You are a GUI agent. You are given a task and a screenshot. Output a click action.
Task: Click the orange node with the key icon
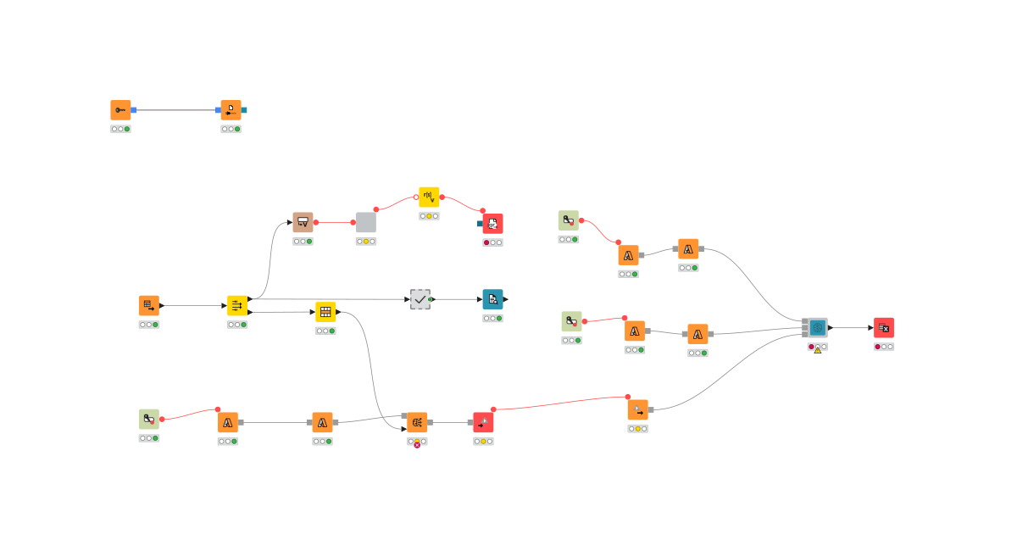coord(120,110)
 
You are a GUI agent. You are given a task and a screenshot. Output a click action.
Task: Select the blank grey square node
coord(366,222)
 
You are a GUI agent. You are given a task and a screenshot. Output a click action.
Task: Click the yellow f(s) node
coord(429,197)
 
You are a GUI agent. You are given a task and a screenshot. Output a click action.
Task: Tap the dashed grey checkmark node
coord(420,299)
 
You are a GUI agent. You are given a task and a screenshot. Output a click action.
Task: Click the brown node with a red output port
coord(303,222)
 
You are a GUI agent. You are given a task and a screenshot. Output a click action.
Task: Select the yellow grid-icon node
coord(325,312)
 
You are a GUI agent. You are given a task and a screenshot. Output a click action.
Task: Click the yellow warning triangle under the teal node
coord(818,349)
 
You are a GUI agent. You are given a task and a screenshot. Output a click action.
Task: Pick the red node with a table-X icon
coord(884,328)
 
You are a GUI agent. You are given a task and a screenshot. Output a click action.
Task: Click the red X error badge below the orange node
coord(417,445)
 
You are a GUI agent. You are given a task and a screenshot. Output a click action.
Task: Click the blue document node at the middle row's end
coord(492,299)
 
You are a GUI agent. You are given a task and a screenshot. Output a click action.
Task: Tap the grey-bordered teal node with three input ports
coord(817,328)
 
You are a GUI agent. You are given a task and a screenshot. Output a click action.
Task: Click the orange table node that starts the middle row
coord(149,306)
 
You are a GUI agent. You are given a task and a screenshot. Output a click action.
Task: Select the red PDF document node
coord(492,224)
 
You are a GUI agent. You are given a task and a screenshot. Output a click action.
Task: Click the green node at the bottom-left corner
coord(149,420)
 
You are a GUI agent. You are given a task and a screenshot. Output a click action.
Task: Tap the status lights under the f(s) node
coord(429,216)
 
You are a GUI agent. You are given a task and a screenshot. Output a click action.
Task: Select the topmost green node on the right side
coord(569,220)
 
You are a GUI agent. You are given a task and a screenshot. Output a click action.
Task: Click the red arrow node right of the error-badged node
coord(483,422)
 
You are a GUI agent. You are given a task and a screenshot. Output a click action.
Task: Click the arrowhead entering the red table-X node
coord(870,328)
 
